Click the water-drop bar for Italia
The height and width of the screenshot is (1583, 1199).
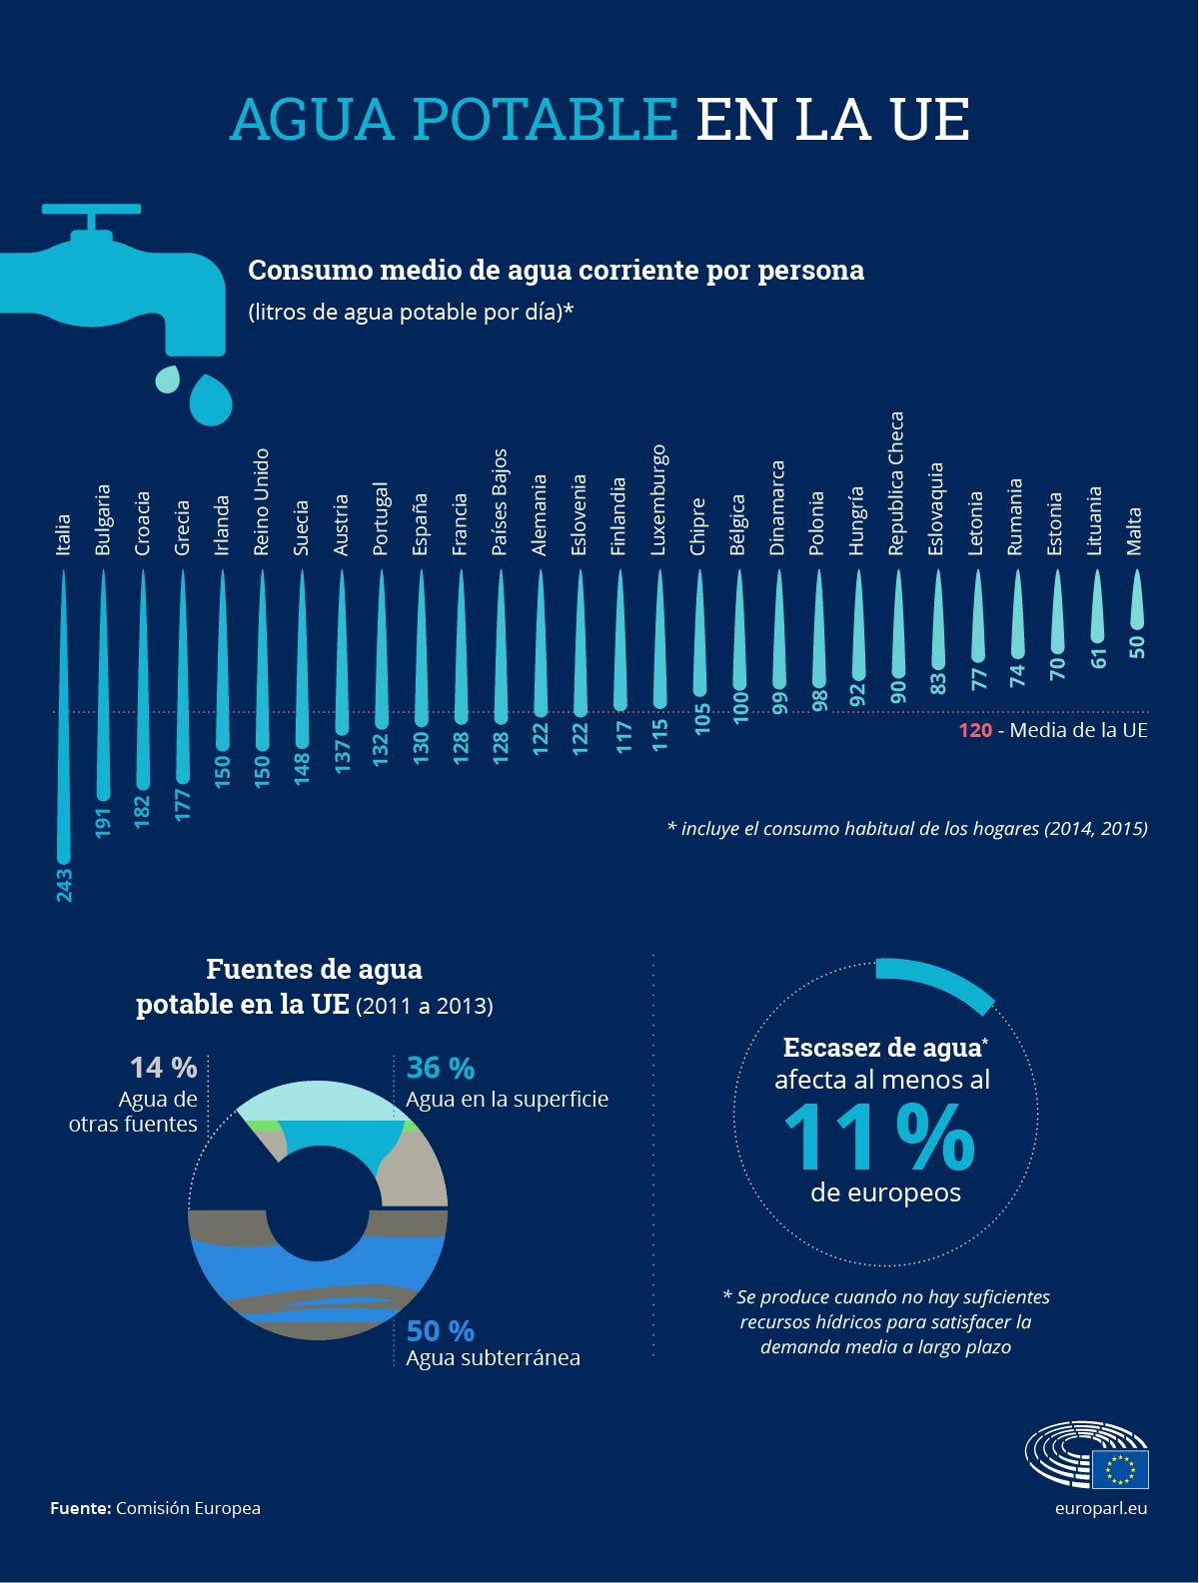(x=64, y=719)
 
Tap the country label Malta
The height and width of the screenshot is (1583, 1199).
(x=1134, y=530)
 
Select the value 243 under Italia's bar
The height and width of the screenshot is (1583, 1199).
(x=64, y=885)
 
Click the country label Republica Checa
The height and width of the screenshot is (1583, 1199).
(x=896, y=483)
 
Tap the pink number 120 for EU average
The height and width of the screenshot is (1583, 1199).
(x=974, y=730)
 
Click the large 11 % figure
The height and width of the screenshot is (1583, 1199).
(x=879, y=1138)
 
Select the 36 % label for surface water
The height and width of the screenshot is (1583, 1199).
(x=440, y=1068)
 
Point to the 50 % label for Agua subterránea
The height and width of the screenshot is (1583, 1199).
(x=440, y=1330)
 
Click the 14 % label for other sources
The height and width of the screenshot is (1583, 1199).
(x=164, y=1068)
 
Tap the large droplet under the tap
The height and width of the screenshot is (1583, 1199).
(x=211, y=399)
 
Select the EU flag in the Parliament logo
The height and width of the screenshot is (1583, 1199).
(x=1120, y=1469)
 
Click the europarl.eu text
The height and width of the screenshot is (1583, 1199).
(x=1100, y=1508)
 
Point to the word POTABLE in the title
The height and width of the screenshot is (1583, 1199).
(x=546, y=119)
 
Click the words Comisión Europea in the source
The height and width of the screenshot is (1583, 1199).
(x=188, y=1508)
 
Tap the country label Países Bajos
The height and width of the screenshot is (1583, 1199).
(x=500, y=501)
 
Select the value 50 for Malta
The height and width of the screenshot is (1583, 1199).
(x=1136, y=646)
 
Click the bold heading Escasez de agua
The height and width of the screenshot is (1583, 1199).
(x=882, y=1048)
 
